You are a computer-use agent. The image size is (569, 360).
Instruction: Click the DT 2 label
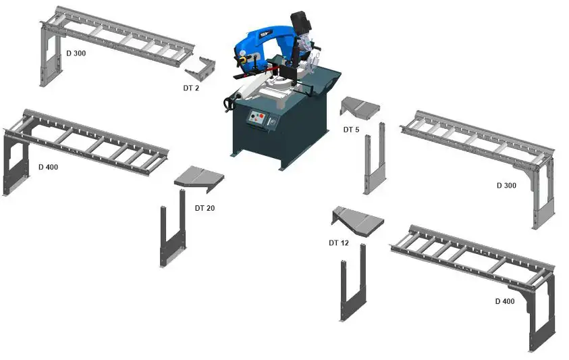[191, 88]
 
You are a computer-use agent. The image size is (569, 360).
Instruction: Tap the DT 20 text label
[205, 208]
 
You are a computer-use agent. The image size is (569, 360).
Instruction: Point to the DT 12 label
[338, 242]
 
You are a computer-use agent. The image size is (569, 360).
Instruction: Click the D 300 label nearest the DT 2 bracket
[76, 53]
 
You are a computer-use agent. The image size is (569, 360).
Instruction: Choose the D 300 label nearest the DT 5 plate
[506, 185]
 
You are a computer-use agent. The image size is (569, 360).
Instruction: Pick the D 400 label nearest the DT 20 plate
[48, 166]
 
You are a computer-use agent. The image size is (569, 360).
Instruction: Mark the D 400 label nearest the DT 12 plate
[505, 301]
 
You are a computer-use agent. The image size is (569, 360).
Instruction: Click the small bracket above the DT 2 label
[201, 68]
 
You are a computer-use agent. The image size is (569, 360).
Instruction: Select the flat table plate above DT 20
[198, 177]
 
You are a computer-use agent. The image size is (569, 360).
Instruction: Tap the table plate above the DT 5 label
[360, 106]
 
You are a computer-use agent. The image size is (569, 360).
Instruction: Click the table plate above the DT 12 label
[358, 222]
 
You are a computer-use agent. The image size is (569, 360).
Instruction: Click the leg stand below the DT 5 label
[375, 162]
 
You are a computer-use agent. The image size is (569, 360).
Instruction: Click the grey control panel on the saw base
[257, 119]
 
